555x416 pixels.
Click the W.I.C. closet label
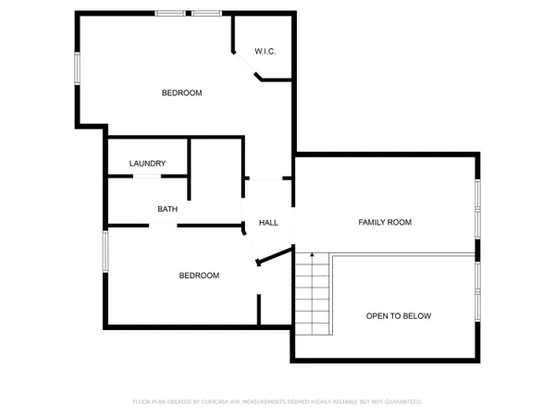(265, 52)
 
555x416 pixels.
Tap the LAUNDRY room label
(148, 164)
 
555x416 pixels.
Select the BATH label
(167, 209)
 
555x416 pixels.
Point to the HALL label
(268, 223)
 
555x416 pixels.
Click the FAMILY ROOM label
(385, 223)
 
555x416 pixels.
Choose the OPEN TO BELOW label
(399, 316)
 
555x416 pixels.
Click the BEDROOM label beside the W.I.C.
(181, 92)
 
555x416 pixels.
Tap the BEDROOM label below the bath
(199, 275)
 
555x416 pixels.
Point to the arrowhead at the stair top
(313, 254)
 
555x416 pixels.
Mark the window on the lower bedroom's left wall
(106, 251)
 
